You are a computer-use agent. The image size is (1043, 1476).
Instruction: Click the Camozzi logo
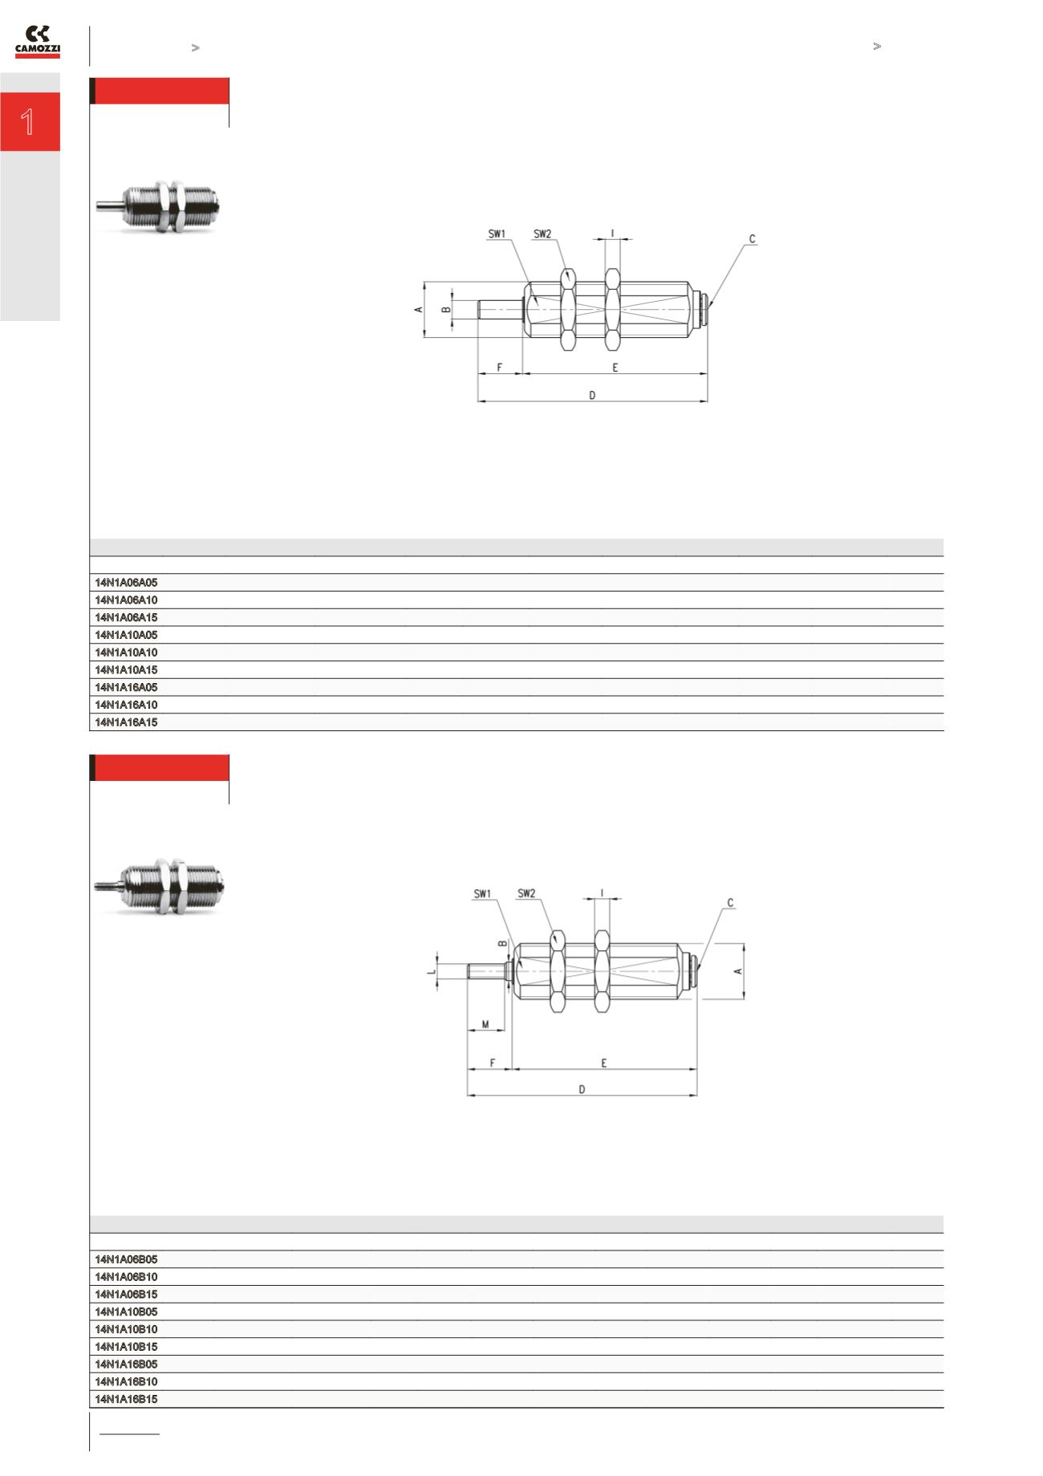(x=38, y=42)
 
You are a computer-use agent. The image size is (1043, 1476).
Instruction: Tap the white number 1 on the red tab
(x=29, y=122)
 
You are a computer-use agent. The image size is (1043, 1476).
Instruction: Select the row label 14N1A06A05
(x=126, y=582)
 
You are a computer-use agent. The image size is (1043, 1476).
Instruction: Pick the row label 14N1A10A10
(x=126, y=653)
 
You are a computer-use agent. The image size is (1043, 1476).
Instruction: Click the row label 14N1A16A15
(x=126, y=722)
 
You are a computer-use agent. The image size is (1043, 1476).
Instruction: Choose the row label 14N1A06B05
(x=126, y=1259)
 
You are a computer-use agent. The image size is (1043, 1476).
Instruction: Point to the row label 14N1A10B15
(x=126, y=1347)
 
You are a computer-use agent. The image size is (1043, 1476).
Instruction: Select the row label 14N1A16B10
(x=126, y=1381)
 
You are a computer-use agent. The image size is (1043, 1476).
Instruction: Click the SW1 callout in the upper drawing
(x=497, y=234)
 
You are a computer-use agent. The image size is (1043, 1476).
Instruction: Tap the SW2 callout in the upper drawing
(x=542, y=234)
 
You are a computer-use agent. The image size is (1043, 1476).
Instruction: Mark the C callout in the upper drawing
(x=752, y=239)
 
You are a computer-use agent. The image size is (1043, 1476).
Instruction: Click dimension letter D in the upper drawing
(x=592, y=395)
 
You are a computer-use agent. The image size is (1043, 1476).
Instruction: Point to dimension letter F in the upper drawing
(x=499, y=368)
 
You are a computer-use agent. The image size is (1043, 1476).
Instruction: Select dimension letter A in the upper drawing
(x=418, y=309)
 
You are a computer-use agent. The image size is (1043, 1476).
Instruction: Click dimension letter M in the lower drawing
(x=485, y=1024)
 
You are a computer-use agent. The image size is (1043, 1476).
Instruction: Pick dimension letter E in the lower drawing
(x=603, y=1063)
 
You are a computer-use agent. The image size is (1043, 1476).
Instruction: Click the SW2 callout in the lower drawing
(x=526, y=893)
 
